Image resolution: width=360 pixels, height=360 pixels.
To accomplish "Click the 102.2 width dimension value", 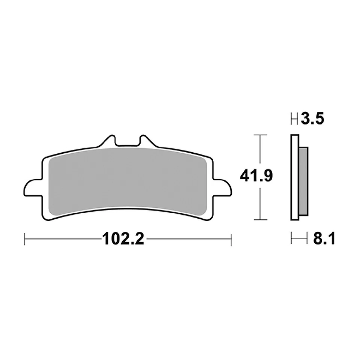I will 123,239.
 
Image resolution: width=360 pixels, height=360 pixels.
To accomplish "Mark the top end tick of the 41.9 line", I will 260,134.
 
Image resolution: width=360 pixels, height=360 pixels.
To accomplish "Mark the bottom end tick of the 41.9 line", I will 260,219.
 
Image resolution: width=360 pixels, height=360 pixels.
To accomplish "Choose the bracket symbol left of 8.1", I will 296,239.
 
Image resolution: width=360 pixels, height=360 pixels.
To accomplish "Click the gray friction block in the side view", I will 303,181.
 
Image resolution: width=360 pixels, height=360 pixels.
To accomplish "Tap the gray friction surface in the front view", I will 127,178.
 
